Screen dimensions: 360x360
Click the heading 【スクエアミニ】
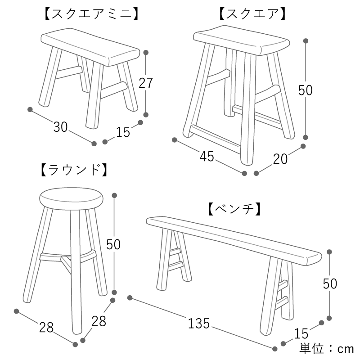[91, 14]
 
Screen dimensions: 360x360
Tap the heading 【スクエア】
[252, 14]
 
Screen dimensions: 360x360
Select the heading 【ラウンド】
[74, 170]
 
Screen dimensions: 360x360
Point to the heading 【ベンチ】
[234, 209]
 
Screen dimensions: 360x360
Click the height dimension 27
[145, 83]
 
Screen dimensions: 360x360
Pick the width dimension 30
[60, 127]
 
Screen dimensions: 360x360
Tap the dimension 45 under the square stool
[207, 157]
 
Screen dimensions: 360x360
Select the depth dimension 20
[280, 159]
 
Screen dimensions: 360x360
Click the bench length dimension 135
[199, 323]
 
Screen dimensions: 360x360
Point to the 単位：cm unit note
[327, 349]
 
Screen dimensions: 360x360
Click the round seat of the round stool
[71, 199]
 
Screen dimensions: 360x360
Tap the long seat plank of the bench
[234, 240]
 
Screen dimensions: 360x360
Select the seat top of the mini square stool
[90, 47]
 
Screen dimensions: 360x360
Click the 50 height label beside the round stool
[113, 244]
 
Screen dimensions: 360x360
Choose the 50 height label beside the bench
[330, 284]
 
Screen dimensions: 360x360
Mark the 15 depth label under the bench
[301, 333]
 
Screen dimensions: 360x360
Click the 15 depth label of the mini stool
[123, 132]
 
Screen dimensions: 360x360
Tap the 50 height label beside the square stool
[306, 90]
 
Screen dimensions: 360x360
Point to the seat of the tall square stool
[242, 40]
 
